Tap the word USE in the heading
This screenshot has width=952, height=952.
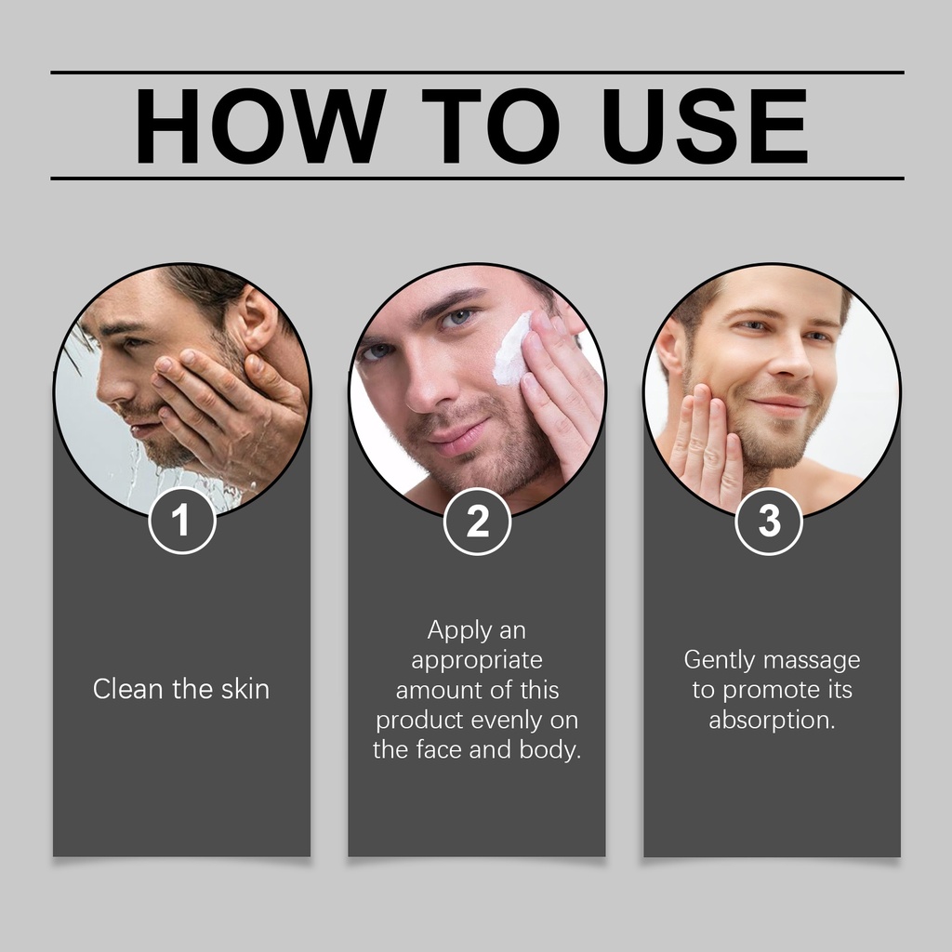[705, 126]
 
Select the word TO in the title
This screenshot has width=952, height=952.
[491, 126]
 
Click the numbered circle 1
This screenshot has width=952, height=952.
[181, 521]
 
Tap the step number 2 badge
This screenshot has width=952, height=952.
[477, 521]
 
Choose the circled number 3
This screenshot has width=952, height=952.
[769, 521]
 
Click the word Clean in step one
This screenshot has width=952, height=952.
[128, 689]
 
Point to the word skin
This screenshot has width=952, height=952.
[245, 689]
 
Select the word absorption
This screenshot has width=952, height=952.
[772, 721]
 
